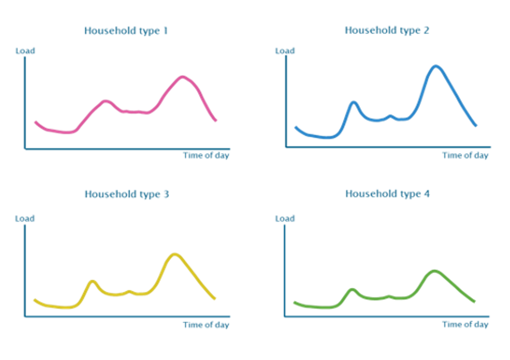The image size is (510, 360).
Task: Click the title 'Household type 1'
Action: pos(126,31)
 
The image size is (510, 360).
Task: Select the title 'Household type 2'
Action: pos(387,30)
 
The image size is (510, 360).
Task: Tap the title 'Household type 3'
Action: pos(126,194)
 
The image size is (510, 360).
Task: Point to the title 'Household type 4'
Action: pos(387,194)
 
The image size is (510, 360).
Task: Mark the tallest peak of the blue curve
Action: pos(437,66)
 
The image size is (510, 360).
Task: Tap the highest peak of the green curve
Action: pos(434,271)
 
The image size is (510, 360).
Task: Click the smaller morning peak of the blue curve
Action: pos(353,102)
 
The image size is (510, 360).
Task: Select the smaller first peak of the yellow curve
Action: pos(92,281)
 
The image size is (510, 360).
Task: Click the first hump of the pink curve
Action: pos(106,100)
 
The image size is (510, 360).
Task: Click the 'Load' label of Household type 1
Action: pos(25,51)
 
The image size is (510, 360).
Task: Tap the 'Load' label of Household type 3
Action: pos(25,219)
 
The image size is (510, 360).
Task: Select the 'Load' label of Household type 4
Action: pos(285,219)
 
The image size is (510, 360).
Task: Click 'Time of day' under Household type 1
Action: pos(206,156)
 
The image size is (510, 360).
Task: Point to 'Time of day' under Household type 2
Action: pos(465,156)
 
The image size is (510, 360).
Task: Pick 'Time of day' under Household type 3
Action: pos(206,325)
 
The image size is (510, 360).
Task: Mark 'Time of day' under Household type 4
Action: pos(465,325)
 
